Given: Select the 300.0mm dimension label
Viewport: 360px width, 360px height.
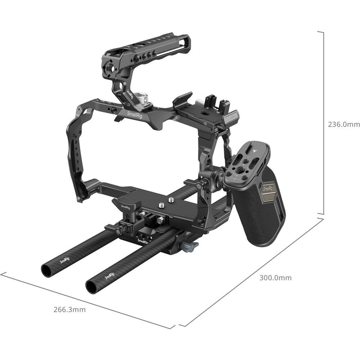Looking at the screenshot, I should point(276,278).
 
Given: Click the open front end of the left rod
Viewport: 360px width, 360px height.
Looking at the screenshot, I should point(46,270).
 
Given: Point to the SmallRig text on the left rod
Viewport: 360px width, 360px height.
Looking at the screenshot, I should point(65,260).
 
